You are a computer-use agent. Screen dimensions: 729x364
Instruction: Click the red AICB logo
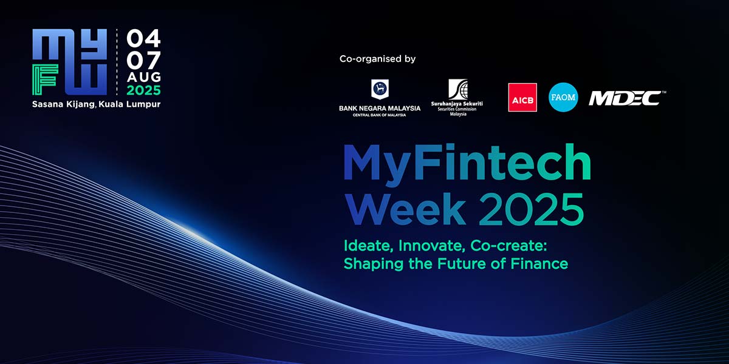522,97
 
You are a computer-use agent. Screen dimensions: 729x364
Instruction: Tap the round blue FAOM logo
563,97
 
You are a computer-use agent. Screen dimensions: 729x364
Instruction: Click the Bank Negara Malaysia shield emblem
380,89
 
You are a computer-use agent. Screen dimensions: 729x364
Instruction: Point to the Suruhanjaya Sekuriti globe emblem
458,89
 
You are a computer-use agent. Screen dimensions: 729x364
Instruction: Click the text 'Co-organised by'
377,59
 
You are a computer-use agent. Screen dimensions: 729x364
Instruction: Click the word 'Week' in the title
406,209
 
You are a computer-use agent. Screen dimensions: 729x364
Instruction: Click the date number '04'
143,38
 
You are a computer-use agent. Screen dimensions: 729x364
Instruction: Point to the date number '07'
143,60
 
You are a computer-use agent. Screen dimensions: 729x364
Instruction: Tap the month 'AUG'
144,77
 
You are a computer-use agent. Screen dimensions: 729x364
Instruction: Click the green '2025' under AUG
143,90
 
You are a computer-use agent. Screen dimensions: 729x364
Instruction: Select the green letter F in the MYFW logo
45,79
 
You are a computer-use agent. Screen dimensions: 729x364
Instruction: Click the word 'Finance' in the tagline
539,263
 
